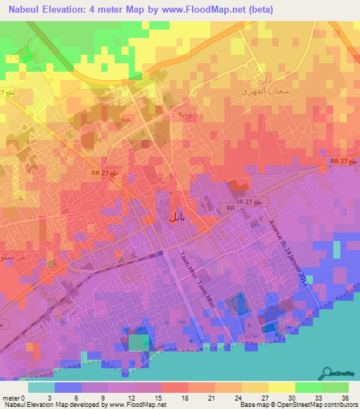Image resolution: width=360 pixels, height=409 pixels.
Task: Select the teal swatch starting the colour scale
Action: click(41, 387)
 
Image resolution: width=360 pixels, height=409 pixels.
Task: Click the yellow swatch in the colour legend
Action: click(282, 387)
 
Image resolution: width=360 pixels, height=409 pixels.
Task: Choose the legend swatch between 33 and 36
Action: click(335, 387)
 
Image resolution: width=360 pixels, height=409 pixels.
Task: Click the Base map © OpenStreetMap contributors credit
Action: click(297, 405)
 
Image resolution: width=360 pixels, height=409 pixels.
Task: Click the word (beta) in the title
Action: click(258, 10)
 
